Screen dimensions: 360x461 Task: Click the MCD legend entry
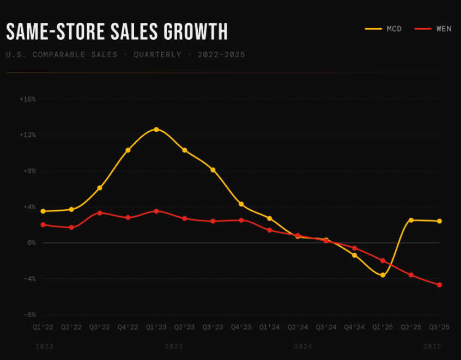point(383,29)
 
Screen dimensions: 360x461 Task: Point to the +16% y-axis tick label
point(27,99)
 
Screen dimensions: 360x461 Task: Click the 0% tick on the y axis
point(31,243)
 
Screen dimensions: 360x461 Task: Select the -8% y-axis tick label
point(29,315)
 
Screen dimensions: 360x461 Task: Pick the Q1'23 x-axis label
point(156,327)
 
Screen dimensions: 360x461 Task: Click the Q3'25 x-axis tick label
point(439,327)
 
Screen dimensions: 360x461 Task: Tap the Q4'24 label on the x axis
point(354,327)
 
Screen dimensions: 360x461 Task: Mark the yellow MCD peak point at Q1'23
point(156,130)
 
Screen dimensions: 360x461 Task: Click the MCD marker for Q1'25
point(383,275)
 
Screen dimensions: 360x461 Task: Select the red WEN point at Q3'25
point(439,285)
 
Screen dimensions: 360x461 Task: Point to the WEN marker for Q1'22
point(43,224)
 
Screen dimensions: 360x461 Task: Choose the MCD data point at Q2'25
point(411,220)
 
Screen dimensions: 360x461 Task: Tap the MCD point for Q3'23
point(213,170)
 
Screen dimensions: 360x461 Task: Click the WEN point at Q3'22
point(100,213)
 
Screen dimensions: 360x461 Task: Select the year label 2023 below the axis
point(174,346)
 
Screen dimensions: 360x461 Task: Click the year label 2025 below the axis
point(433,346)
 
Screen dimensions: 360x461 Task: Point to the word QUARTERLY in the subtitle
point(157,55)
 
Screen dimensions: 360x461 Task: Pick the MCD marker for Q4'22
point(128,150)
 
